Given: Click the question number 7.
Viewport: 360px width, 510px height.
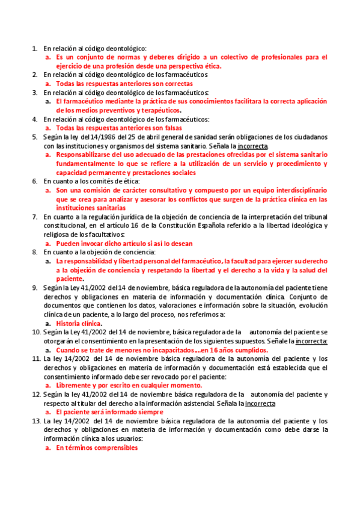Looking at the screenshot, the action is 35,216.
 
